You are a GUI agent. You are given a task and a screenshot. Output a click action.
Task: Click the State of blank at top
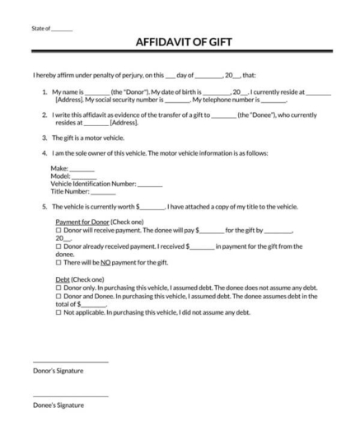point(62,29)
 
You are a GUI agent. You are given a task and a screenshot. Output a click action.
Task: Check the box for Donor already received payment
point(58,246)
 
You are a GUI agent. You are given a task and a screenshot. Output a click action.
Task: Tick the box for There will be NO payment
point(58,261)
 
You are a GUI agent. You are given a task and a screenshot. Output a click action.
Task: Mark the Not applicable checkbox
point(58,312)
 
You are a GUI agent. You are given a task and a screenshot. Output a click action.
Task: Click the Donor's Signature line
point(70,362)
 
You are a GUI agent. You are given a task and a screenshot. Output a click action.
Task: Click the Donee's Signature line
point(70,396)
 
